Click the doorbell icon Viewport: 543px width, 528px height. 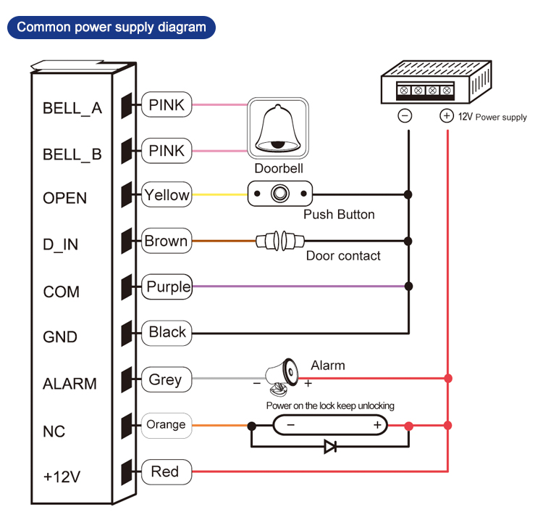pyautogui.click(x=279, y=128)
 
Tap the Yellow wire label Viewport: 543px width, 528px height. pyautogui.click(x=167, y=195)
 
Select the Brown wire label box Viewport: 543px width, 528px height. pyautogui.click(x=167, y=241)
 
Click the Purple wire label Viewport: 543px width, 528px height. pyautogui.click(x=167, y=286)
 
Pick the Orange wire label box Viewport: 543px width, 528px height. pyautogui.click(x=167, y=425)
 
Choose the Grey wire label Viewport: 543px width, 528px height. pyautogui.click(x=166, y=379)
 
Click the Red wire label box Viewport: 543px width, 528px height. pyautogui.click(x=165, y=471)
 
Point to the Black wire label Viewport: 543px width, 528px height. pyautogui.click(x=167, y=333)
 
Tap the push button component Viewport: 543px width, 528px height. pyautogui.click(x=279, y=194)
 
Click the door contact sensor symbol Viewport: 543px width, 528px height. pyautogui.click(x=279, y=240)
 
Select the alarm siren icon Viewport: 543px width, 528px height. pyautogui.click(x=282, y=373)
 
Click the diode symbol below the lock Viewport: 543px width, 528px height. pyautogui.click(x=330, y=447)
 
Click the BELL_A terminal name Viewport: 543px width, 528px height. pyautogui.click(x=72, y=109)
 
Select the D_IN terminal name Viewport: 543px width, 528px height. pyautogui.click(x=61, y=244)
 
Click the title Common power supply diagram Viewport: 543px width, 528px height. pyautogui.click(x=111, y=28)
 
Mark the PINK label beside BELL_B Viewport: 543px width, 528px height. pyautogui.click(x=167, y=151)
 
